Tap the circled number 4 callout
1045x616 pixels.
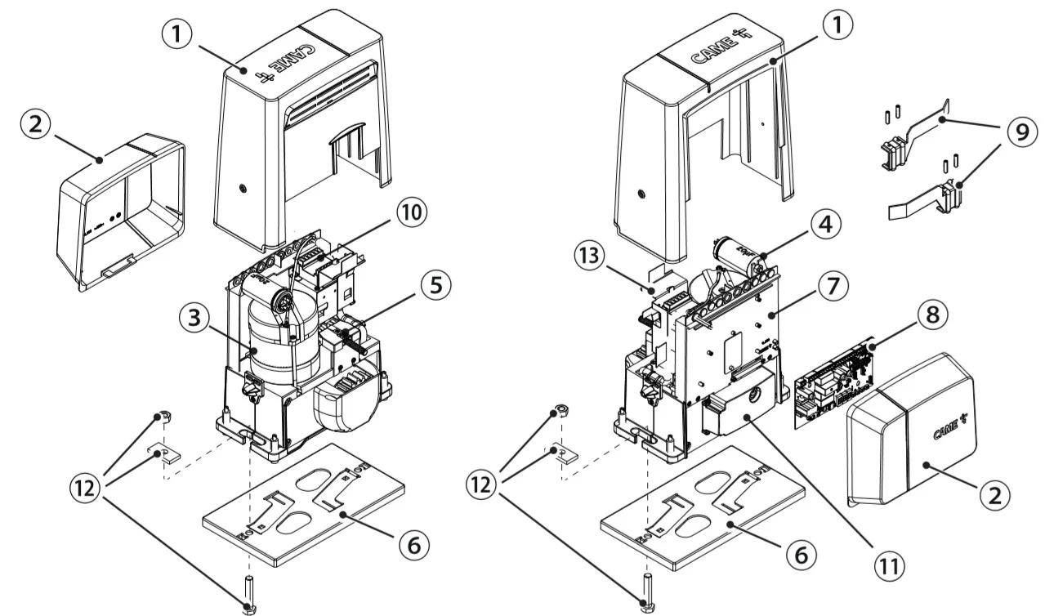(x=826, y=224)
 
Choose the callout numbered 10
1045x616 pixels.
(x=409, y=212)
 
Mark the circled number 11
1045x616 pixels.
(x=879, y=564)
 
